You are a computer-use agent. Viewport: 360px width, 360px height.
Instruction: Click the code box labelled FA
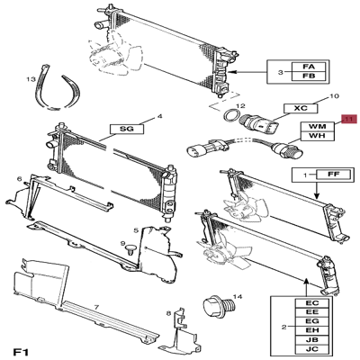309,67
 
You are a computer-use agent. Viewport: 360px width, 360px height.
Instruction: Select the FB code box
309,76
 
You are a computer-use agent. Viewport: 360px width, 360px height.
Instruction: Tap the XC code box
301,108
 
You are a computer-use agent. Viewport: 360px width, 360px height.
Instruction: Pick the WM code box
318,126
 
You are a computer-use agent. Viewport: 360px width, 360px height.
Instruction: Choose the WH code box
318,136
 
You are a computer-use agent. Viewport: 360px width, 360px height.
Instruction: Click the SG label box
127,129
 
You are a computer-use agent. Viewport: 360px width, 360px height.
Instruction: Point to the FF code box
333,175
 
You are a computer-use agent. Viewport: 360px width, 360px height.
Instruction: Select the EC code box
312,303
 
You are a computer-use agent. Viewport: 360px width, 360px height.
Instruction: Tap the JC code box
312,349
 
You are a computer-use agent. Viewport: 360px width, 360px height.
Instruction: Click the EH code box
312,330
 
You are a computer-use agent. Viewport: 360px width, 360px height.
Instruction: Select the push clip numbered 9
130,249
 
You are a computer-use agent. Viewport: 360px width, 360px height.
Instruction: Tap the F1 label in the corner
21,351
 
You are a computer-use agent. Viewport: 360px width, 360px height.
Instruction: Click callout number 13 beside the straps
31,79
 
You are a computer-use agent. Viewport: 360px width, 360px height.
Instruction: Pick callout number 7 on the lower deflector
96,308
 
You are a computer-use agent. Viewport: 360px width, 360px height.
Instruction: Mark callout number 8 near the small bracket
169,314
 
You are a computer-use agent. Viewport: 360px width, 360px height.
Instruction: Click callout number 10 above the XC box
334,96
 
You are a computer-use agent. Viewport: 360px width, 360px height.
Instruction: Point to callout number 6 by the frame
20,179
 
